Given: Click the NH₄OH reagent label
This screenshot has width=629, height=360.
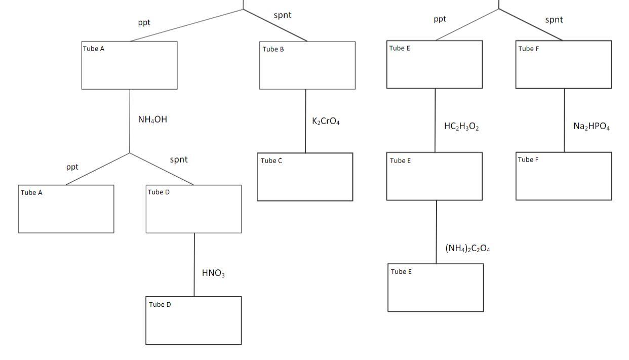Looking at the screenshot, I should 152,120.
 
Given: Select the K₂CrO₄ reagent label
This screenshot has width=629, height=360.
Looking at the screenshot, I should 326,122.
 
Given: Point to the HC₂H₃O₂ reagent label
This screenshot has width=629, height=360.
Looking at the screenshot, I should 461,127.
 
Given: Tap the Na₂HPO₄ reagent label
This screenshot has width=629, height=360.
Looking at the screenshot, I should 592,127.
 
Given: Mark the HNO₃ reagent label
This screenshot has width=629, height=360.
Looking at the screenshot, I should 213,273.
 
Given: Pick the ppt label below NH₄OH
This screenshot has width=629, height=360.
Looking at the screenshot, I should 72,167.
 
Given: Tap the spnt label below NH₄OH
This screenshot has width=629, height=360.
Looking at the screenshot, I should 179,159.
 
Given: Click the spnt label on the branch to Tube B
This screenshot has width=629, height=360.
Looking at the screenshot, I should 283,15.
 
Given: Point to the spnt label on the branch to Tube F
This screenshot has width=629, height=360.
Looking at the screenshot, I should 554,20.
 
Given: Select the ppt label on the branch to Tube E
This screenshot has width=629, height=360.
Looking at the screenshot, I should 440,19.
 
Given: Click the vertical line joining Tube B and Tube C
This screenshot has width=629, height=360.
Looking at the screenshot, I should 305,122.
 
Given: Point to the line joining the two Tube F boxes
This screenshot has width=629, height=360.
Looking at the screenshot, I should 565,121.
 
